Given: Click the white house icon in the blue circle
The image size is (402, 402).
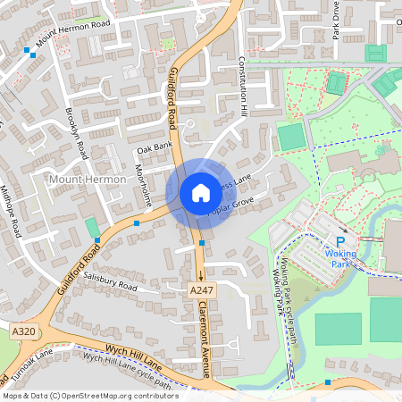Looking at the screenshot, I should click(x=200, y=193).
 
